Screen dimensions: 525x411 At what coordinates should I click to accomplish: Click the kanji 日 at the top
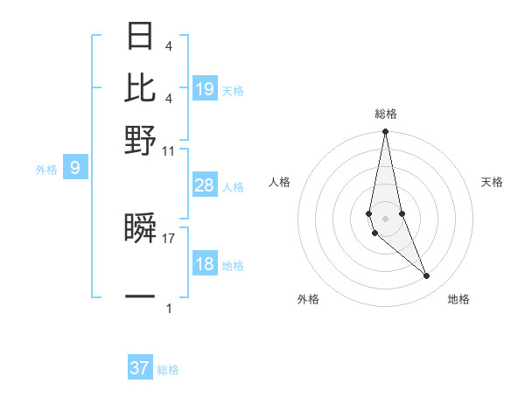click(140, 37)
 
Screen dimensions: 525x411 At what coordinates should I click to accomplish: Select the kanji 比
click(140, 87)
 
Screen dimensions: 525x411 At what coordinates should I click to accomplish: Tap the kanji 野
click(140, 139)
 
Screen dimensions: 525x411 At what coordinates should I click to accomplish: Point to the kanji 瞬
click(140, 229)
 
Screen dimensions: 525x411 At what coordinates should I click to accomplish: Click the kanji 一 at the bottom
click(140, 297)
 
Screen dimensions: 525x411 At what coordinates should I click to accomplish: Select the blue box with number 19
click(205, 88)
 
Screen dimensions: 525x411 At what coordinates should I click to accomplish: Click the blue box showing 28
click(205, 185)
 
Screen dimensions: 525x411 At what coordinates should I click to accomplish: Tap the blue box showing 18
click(205, 264)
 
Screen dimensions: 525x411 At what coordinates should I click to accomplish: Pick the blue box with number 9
click(75, 168)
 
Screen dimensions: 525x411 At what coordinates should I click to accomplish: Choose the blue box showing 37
click(140, 368)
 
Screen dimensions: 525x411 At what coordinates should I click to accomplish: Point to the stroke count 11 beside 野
click(169, 150)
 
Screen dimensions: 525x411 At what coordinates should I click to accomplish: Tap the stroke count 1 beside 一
click(169, 308)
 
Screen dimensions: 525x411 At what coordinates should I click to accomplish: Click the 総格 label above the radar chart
click(386, 114)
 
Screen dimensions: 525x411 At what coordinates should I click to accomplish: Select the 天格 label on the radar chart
click(492, 182)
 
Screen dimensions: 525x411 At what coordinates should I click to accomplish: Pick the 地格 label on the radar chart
click(458, 300)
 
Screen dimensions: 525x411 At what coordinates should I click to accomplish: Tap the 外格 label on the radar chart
click(308, 300)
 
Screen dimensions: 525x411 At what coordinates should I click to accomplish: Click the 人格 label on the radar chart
click(280, 182)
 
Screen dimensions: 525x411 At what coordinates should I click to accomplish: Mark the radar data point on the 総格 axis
click(385, 132)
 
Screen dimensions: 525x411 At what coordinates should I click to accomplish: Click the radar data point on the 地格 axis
click(426, 276)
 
